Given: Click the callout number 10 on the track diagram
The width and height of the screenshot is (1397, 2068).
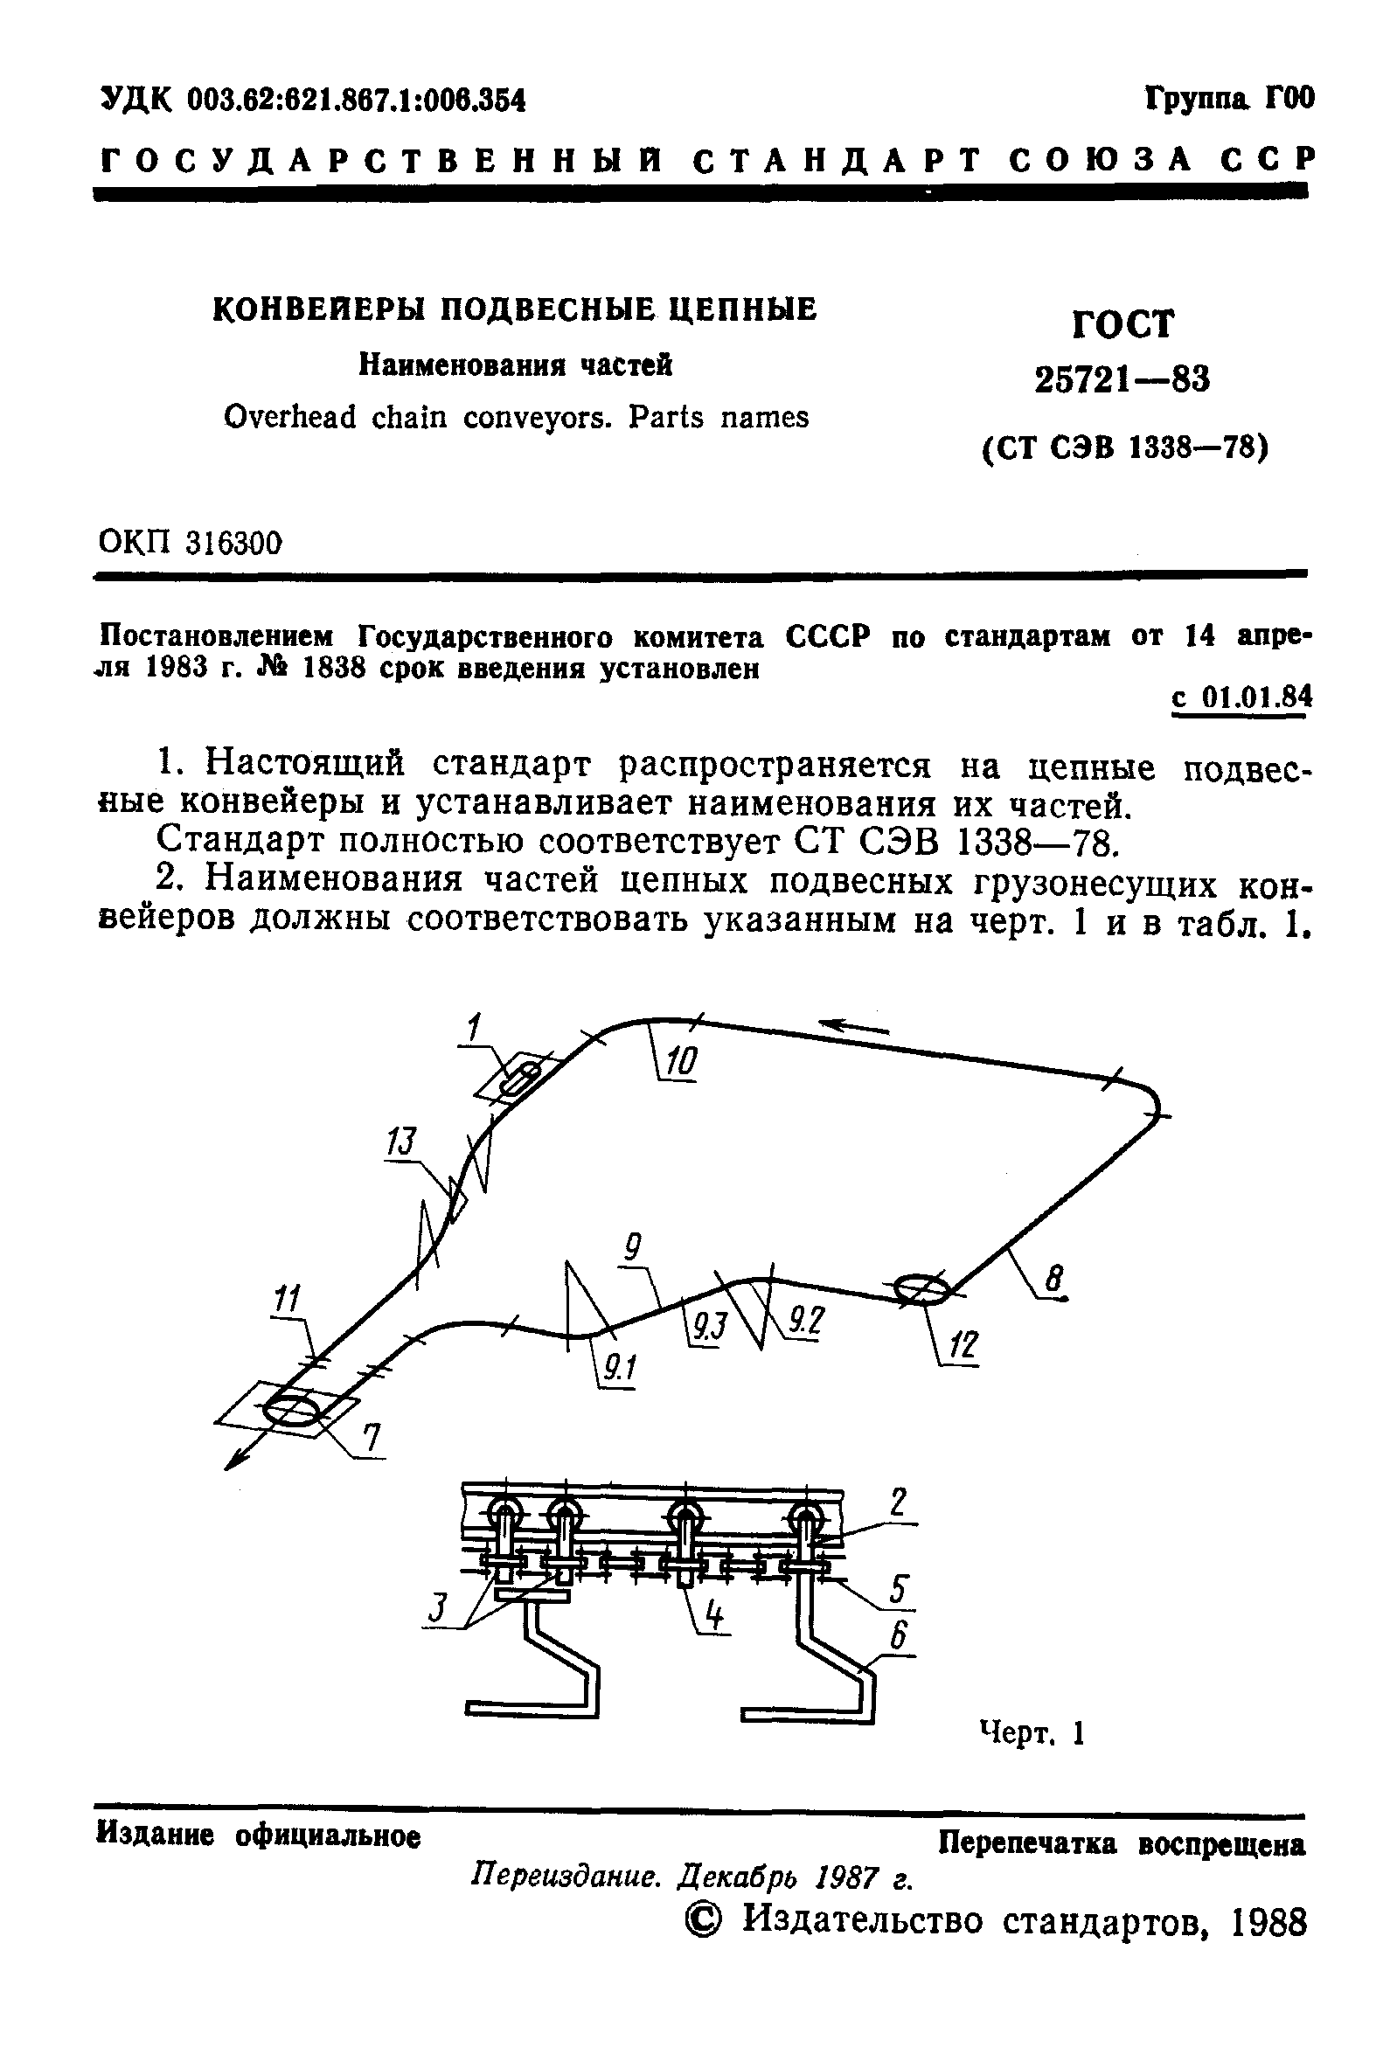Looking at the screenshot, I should tap(682, 1063).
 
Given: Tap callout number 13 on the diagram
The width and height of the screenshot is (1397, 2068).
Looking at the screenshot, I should tap(401, 1142).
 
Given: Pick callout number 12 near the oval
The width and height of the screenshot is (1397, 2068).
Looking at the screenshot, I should tap(963, 1347).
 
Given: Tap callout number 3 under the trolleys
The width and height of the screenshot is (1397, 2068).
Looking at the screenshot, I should tap(437, 1607).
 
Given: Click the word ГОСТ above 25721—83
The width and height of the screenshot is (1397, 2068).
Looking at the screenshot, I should tap(1123, 325).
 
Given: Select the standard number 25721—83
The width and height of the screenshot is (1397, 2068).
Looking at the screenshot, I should tap(1122, 381).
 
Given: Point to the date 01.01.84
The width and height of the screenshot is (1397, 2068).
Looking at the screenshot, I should tap(1255, 697).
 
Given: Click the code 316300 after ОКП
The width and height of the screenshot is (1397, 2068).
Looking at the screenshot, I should tap(234, 542).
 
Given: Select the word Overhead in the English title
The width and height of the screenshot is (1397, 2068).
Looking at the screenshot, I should tap(289, 417).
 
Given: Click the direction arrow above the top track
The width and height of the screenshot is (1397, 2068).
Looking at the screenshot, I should tap(854, 1027).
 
